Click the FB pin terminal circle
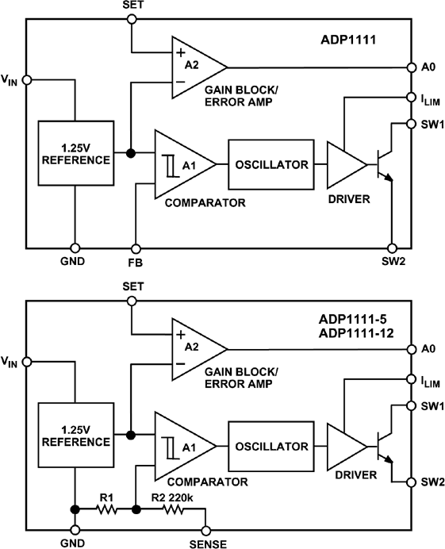coord(136,247)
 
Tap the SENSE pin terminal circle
coord(205,529)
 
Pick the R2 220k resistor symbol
coord(174,509)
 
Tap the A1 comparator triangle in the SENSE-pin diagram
coord(182,446)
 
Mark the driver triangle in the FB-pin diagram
coord(345,164)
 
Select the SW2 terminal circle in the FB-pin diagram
coord(392,247)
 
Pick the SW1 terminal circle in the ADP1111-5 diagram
coord(410,406)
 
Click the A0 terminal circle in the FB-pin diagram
coord(410,67)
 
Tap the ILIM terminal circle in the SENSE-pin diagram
coord(410,378)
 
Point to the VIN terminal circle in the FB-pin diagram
coord(27,79)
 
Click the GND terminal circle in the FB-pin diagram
coord(75,247)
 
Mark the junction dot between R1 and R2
coord(136,509)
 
